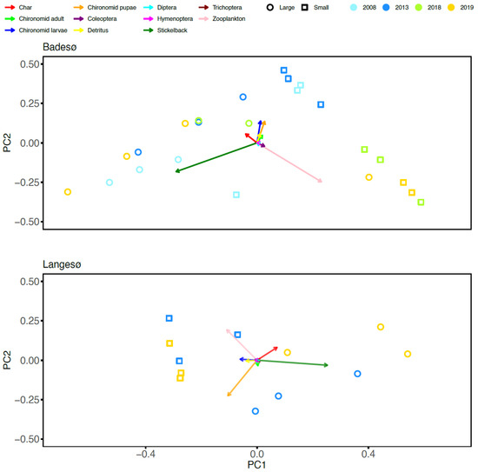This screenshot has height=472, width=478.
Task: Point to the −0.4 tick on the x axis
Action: click(145, 454)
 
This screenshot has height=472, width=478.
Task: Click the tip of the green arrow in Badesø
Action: click(175, 172)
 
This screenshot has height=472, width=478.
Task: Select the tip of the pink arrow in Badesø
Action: click(322, 183)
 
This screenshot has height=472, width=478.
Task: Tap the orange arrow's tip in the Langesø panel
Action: click(227, 397)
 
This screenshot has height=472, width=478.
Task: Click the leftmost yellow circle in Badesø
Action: click(68, 192)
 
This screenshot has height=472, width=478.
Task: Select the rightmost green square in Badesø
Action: click(422, 203)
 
